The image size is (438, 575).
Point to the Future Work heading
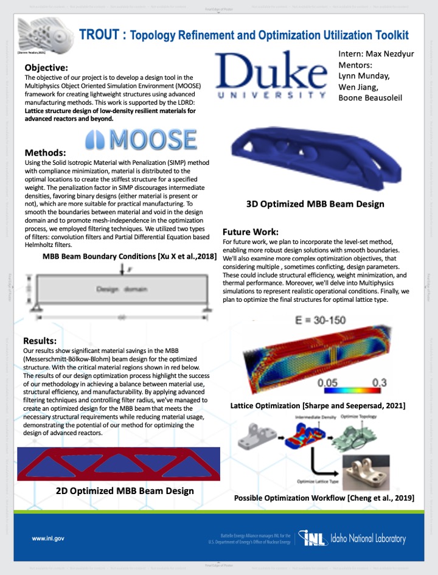[x=250, y=232]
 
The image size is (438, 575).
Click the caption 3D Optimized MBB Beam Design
[x=315, y=204]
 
